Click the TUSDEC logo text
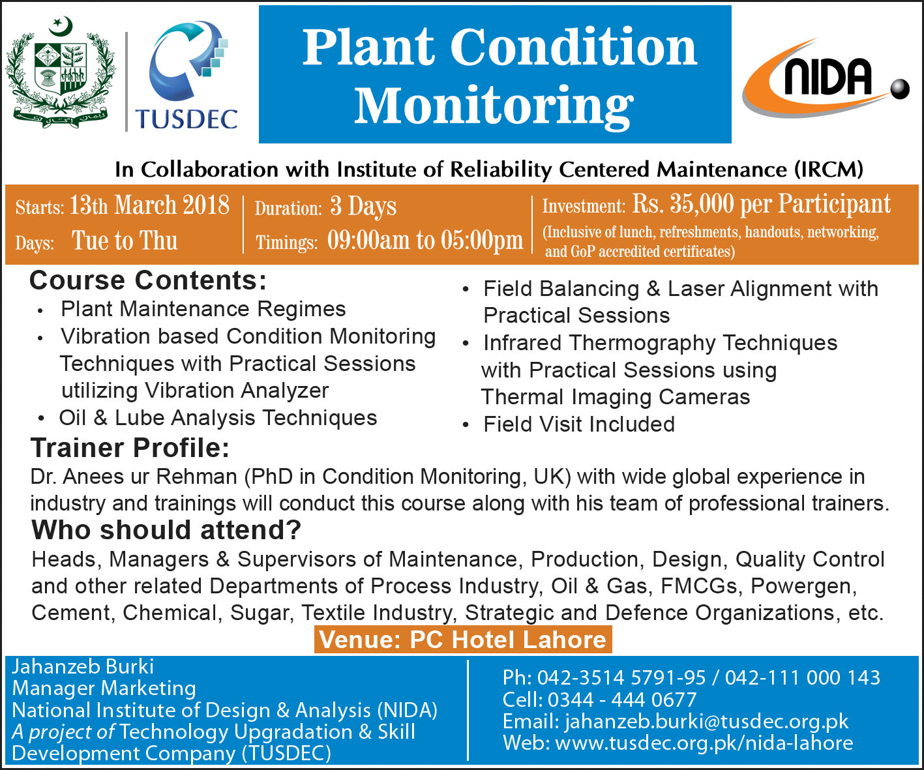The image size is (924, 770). [x=186, y=119]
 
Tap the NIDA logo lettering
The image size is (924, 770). [x=828, y=78]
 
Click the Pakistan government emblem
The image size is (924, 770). [x=61, y=72]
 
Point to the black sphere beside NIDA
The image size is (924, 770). [x=900, y=89]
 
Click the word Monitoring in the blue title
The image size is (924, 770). [x=494, y=107]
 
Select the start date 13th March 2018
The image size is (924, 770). [x=149, y=205]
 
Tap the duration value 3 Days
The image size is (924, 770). [x=363, y=206]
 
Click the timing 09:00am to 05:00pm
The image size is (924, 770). [x=425, y=241]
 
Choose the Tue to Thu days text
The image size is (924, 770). [x=125, y=241]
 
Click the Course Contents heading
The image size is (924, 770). [x=148, y=280]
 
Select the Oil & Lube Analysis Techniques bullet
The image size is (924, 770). [x=218, y=418]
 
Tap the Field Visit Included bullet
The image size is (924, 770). [x=579, y=424]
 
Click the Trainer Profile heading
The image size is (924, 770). [x=130, y=448]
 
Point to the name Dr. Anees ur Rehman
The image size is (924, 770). [x=134, y=477]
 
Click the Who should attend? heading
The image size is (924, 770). [x=166, y=530]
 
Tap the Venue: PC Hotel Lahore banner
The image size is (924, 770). [x=463, y=640]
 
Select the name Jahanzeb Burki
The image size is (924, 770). [x=83, y=667]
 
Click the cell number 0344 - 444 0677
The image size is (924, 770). [x=622, y=700]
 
